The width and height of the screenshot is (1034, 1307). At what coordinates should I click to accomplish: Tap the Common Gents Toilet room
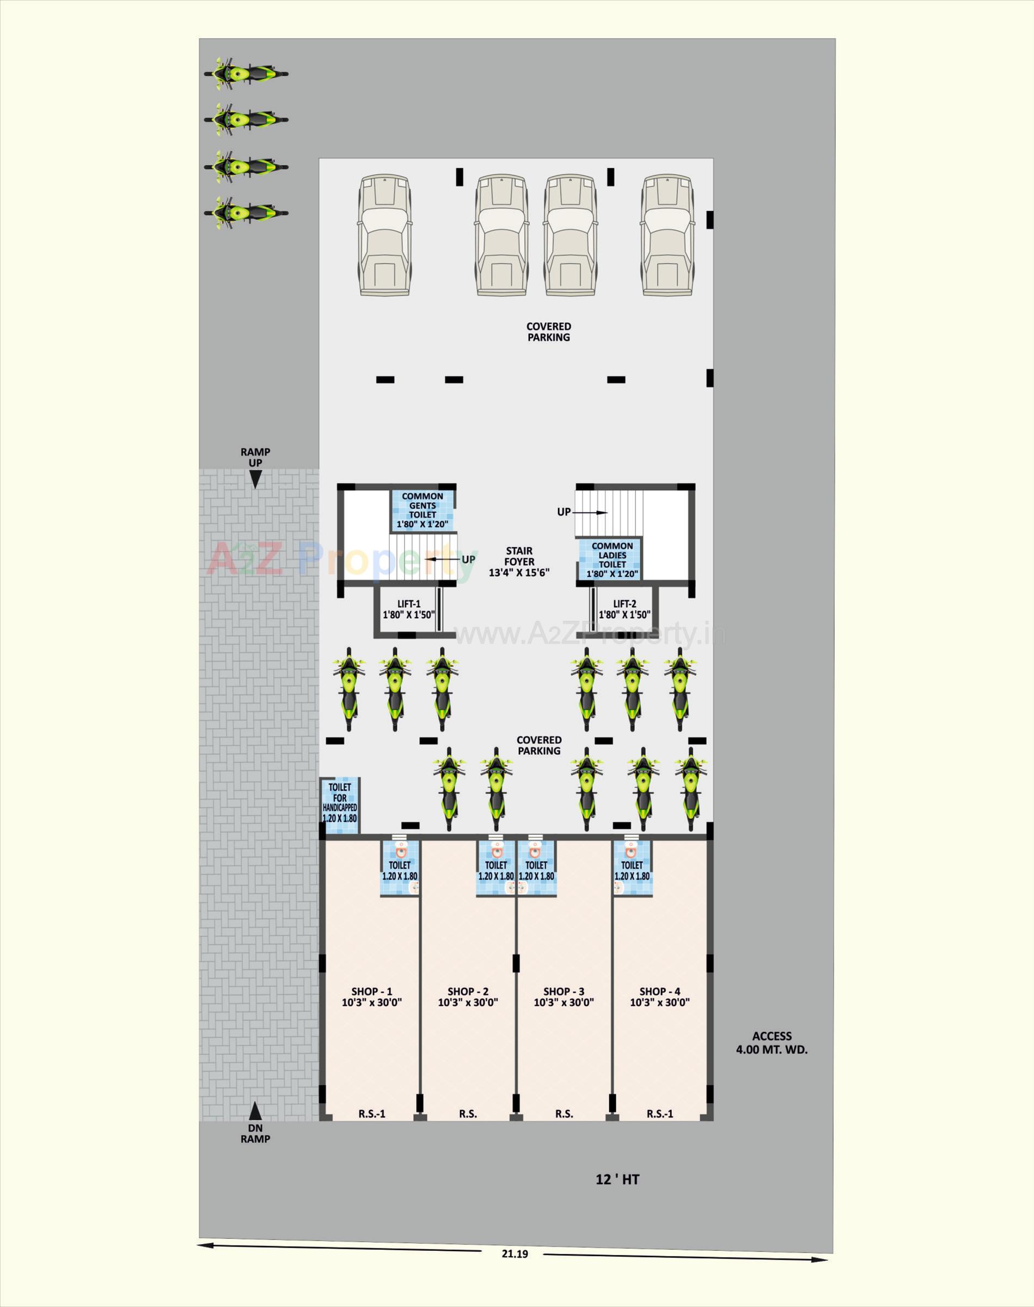click(422, 510)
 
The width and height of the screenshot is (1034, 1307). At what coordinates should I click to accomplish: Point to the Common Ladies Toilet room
click(611, 559)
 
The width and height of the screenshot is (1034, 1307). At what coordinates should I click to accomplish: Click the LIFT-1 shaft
click(408, 609)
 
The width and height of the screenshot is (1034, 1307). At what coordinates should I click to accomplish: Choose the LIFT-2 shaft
click(625, 609)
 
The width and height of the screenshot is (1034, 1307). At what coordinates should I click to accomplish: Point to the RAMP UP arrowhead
click(255, 480)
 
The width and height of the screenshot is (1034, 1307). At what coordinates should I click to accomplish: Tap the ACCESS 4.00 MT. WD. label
click(772, 1042)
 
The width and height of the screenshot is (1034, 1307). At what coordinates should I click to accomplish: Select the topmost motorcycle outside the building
click(245, 74)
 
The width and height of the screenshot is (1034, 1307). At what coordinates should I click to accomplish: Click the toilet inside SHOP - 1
click(400, 868)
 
